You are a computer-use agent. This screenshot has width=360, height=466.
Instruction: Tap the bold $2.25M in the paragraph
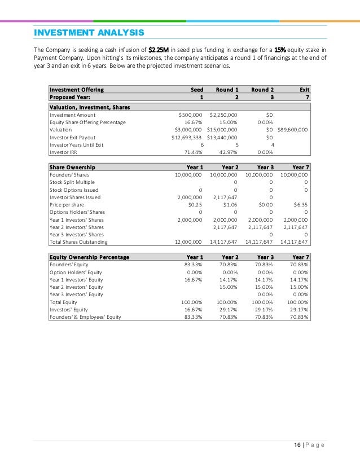tap(158, 49)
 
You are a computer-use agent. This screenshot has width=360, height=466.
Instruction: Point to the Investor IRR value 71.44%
tap(194, 152)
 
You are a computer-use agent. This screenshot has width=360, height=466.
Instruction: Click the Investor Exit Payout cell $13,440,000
tap(222, 137)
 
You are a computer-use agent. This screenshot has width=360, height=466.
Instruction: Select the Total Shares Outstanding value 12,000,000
tap(188, 241)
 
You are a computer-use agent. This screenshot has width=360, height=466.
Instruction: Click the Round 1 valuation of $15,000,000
tap(222, 129)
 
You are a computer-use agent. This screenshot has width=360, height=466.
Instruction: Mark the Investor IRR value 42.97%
tap(229, 152)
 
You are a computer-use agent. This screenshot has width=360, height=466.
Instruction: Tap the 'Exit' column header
tap(304, 89)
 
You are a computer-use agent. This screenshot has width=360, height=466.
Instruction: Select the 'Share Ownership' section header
tap(72, 167)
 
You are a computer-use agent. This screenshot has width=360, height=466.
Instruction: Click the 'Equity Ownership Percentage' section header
tap(89, 257)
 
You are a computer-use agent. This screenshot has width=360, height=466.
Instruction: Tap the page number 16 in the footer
tap(296, 445)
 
